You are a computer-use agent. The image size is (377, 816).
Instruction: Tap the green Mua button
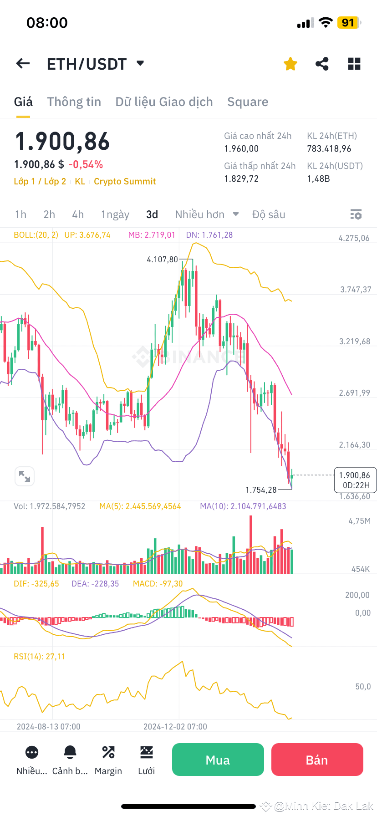218,760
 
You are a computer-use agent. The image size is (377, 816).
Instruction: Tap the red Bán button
317,760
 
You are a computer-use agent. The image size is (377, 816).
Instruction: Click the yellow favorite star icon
290,64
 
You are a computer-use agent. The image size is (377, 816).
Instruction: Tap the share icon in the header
322,64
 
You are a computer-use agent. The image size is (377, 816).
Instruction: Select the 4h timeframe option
78,214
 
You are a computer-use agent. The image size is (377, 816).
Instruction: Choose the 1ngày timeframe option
115,214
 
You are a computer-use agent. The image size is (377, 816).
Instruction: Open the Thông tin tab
74,102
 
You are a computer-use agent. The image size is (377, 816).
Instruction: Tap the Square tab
248,102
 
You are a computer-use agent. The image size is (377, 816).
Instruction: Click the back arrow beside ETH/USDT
23,64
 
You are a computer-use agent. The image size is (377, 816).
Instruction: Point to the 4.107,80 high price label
163,260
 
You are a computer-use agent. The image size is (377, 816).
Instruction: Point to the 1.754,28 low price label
261,490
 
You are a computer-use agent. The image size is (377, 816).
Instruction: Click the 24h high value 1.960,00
241,149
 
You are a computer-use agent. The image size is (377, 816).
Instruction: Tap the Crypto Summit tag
125,181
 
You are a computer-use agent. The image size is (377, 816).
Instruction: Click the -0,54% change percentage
86,164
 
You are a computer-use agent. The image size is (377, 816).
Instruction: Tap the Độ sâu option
269,214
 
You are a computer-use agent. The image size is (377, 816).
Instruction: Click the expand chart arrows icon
25,477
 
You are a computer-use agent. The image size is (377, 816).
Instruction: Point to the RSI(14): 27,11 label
40,656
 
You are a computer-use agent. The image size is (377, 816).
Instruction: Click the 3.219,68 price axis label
355,342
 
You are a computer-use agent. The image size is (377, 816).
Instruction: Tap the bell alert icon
70,752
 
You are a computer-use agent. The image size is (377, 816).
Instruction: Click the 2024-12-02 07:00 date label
175,727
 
